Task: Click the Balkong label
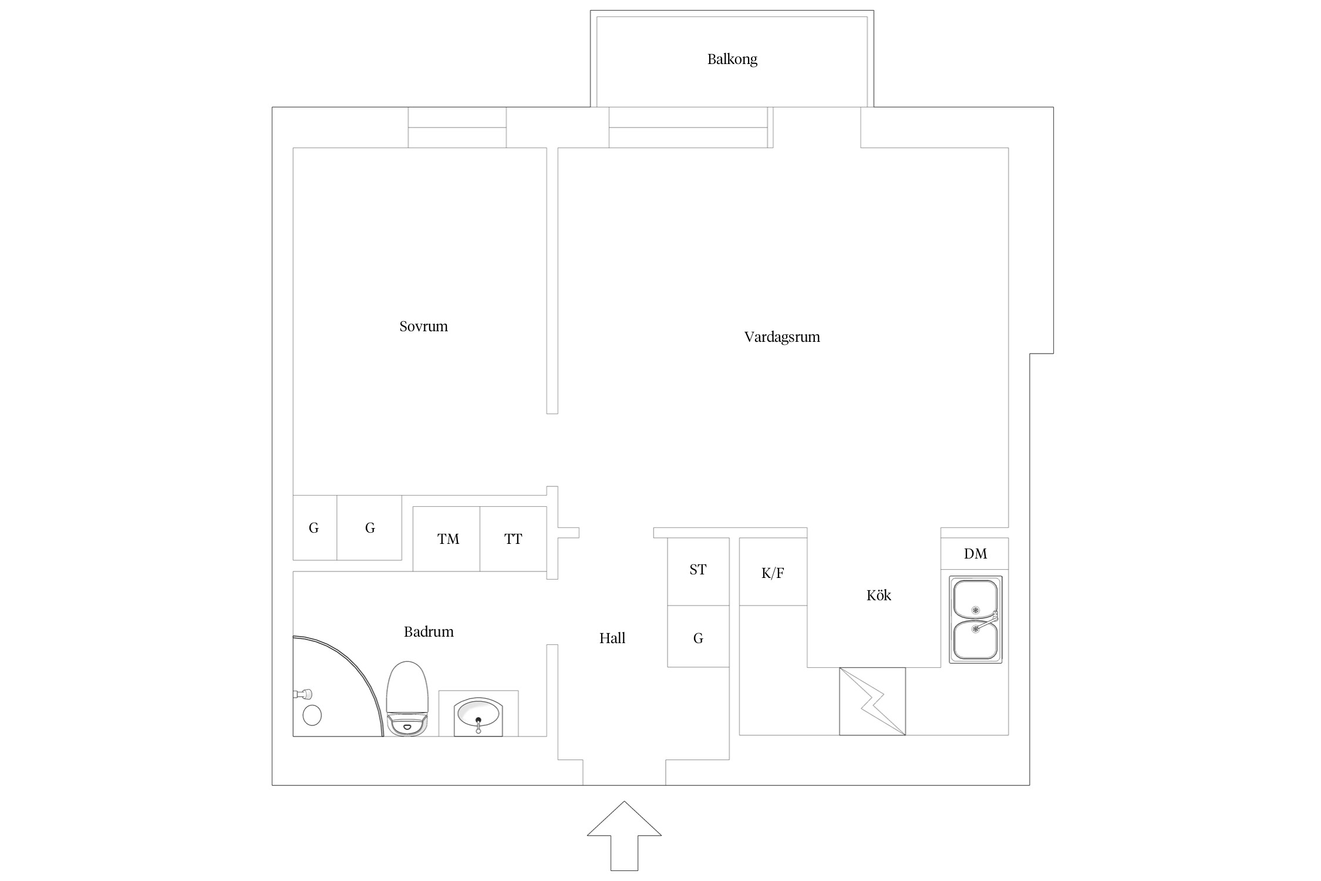[732, 59]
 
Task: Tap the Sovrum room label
[423, 327]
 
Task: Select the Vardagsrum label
[782, 337]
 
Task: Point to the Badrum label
[429, 632]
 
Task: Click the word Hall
[612, 638]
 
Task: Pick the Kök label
[878, 596]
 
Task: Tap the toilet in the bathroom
[406, 699]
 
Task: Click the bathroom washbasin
[478, 717]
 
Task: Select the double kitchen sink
[975, 620]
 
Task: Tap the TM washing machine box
[447, 539]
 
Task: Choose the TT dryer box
[514, 539]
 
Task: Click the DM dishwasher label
[975, 554]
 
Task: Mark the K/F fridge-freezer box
[773, 571]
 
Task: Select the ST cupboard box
[698, 571]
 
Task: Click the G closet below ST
[698, 637]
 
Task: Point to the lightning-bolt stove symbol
[872, 701]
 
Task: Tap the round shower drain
[312, 715]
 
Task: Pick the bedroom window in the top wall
[457, 127]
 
